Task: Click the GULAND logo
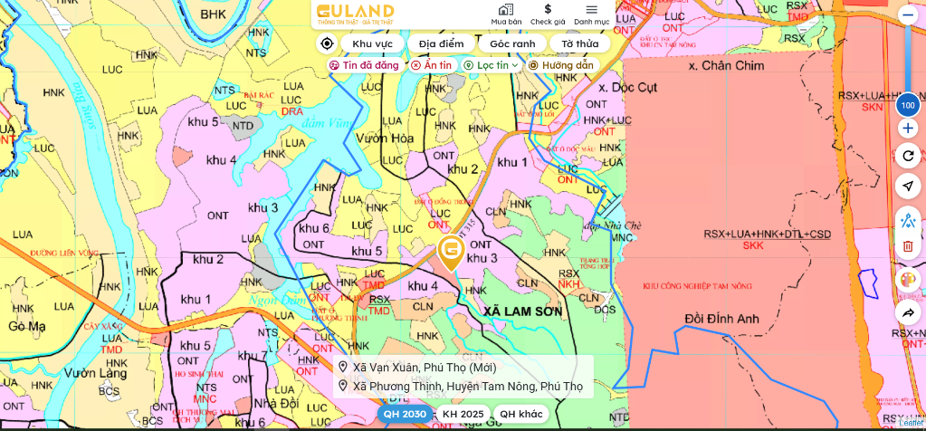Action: coord(354,14)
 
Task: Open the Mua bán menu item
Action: coord(506,14)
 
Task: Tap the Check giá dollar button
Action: coord(548,14)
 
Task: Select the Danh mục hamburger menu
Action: coord(591,14)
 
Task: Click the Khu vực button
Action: coord(372,43)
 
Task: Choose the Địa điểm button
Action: coord(441,43)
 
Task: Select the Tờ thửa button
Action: coord(579,43)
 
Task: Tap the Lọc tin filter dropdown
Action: coord(492,65)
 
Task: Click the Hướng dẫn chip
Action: coord(561,65)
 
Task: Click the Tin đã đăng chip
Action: coord(364,65)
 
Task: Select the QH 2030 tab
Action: coord(404,414)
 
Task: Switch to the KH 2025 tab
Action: coord(463,414)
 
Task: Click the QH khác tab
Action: coord(521,414)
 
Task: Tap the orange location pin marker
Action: coord(451,250)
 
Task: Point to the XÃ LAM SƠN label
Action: coord(522,311)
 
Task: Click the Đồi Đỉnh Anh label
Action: coord(721,318)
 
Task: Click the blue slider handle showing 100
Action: coord(908,106)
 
